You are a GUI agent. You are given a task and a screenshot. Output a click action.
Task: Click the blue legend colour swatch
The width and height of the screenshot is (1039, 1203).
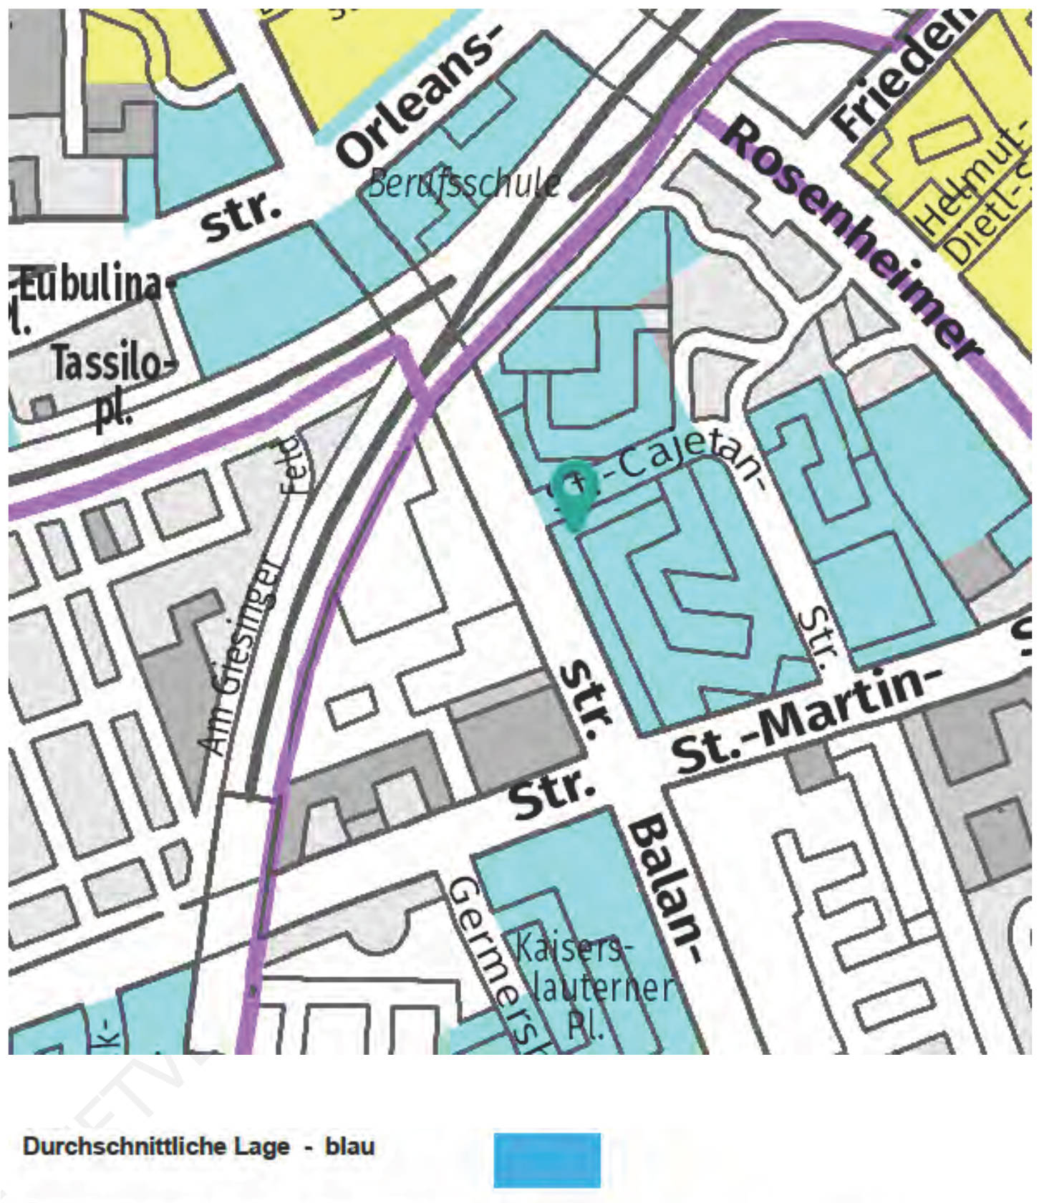(x=547, y=1159)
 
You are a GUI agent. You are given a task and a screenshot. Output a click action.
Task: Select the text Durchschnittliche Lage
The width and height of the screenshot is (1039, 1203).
(x=156, y=1146)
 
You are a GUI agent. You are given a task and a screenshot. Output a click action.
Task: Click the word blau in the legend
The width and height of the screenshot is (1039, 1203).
(x=349, y=1146)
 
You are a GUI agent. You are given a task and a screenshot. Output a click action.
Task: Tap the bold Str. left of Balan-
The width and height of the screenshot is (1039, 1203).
(x=552, y=794)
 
